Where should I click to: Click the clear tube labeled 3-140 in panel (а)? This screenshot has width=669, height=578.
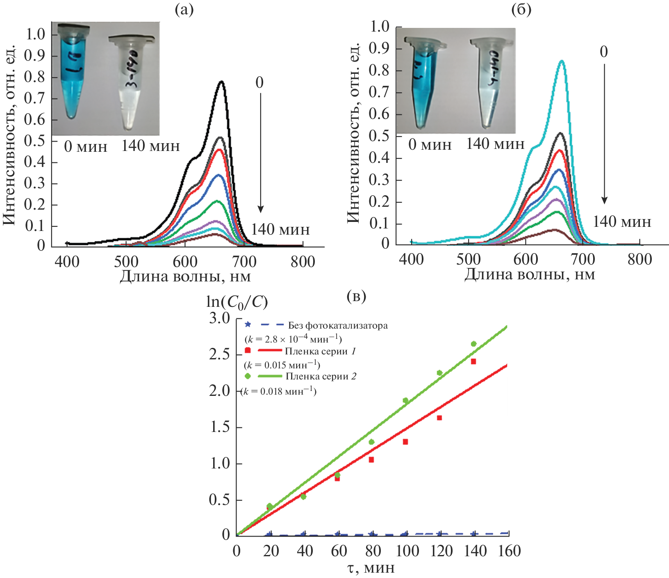tap(131, 82)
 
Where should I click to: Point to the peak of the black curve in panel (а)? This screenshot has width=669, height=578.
tap(221, 82)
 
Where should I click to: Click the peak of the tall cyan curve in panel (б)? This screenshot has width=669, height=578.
tap(562, 61)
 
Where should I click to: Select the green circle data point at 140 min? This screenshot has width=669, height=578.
tap(473, 344)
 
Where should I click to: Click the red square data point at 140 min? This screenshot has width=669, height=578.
tap(473, 361)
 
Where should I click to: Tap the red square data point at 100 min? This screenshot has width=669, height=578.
tap(405, 442)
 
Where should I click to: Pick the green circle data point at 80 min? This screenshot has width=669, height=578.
tap(371, 442)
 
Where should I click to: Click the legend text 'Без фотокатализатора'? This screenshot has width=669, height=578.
tap(338, 326)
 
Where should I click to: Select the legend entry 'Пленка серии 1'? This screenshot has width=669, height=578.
tap(320, 351)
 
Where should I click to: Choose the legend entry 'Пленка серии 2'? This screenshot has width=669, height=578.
tap(321, 376)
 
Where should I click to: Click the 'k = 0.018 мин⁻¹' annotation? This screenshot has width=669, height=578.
tap(279, 391)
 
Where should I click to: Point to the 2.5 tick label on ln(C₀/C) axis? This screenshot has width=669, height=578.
tap(219, 354)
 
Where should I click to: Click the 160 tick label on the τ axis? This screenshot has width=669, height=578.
tap(509, 551)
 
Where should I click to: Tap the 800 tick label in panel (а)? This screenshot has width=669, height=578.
tap(303, 262)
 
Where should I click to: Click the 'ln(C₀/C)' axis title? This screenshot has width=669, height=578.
tap(237, 302)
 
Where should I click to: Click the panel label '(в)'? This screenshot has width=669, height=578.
tap(356, 296)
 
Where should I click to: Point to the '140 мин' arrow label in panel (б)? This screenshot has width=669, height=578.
tap(622, 222)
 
